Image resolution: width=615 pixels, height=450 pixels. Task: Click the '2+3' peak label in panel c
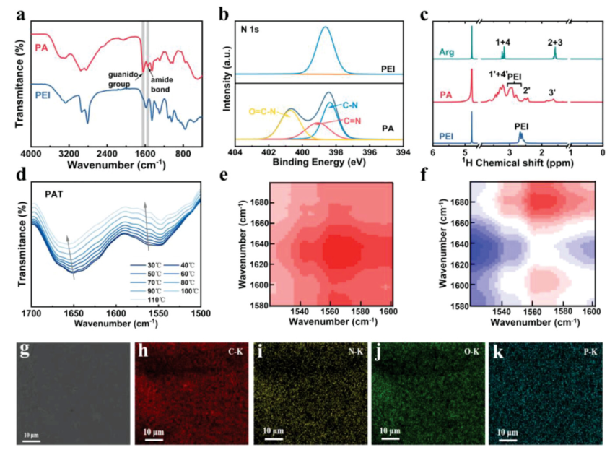pyautogui.click(x=556, y=43)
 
